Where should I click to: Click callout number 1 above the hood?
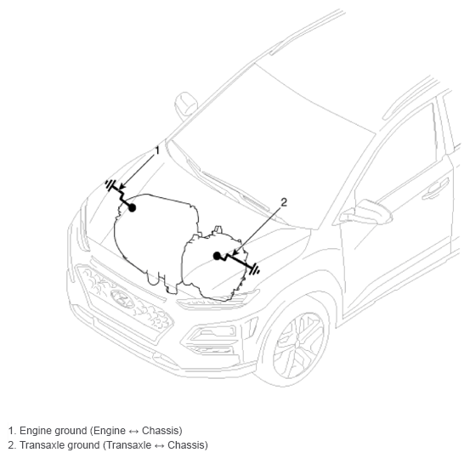tap(157, 150)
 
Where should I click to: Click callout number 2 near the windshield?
tap(284, 202)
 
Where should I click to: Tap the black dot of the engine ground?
tap(132, 207)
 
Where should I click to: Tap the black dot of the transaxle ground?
tap(217, 256)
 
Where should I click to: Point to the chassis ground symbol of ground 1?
tap(110, 184)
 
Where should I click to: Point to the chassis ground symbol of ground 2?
tap(255, 269)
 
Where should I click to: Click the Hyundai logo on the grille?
tap(122, 299)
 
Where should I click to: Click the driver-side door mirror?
tap(365, 212)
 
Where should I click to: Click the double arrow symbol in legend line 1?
tap(133, 432)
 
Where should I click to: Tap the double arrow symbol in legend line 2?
tap(159, 446)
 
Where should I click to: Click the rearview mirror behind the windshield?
tap(186, 104)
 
